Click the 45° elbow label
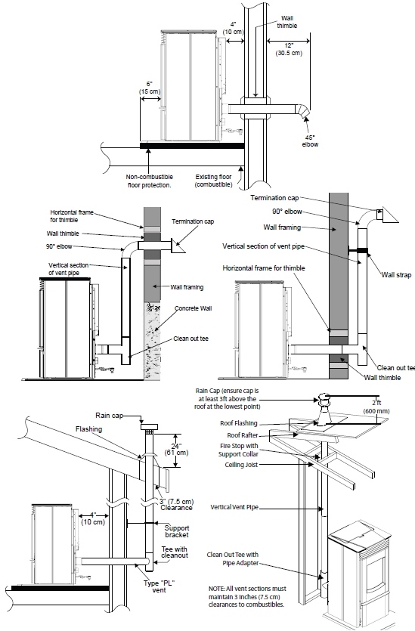pyautogui.click(x=310, y=141)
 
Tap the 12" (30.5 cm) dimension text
pyautogui.click(x=289, y=49)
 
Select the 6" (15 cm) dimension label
pyautogui.click(x=150, y=88)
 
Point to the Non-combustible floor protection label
pyautogui.click(x=150, y=181)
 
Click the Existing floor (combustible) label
pyautogui.click(x=214, y=181)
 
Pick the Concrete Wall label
pyautogui.click(x=194, y=308)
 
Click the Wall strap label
pyautogui.click(x=397, y=275)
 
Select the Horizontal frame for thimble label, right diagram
pyautogui.click(x=264, y=268)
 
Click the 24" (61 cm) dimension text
pyautogui.click(x=176, y=449)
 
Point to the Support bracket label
pyautogui.click(x=177, y=531)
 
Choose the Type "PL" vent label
pyautogui.click(x=159, y=586)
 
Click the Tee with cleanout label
pyautogui.click(x=175, y=552)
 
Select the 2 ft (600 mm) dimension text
pyautogui.click(x=376, y=407)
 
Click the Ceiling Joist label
pyautogui.click(x=241, y=465)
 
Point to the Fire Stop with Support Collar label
pyautogui.click(x=239, y=450)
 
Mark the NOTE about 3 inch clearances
pyautogui.click(x=247, y=596)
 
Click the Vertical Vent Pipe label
pyautogui.click(x=234, y=507)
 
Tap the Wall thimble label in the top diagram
pyautogui.click(x=287, y=22)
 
